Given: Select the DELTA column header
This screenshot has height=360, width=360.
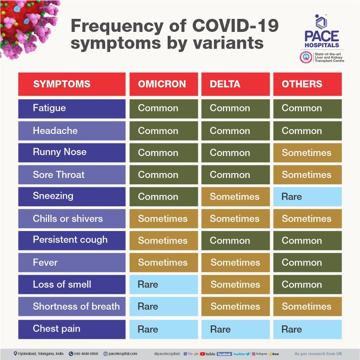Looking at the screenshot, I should click(x=235, y=84).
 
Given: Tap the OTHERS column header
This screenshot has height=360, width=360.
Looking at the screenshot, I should click(x=307, y=84).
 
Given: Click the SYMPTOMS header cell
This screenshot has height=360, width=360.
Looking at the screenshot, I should click(x=72, y=84).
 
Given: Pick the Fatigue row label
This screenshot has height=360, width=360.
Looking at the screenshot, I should click(x=72, y=108).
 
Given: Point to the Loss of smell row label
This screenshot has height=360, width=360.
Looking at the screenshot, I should click(x=72, y=284).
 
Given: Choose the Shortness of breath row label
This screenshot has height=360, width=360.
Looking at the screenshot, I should click(x=72, y=307).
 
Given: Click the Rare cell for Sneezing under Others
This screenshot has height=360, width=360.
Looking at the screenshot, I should click(x=307, y=197).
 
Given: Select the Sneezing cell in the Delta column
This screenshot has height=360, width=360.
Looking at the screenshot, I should click(x=235, y=197).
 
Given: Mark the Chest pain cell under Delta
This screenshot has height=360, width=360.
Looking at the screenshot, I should click(x=235, y=329).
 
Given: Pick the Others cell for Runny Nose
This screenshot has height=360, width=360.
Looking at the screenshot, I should click(x=307, y=153).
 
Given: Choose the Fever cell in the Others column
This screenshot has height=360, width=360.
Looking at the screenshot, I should click(x=307, y=262).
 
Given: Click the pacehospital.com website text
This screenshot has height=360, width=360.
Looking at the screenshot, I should click(x=120, y=354).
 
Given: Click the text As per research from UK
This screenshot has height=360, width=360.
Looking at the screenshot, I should click(x=317, y=354).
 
